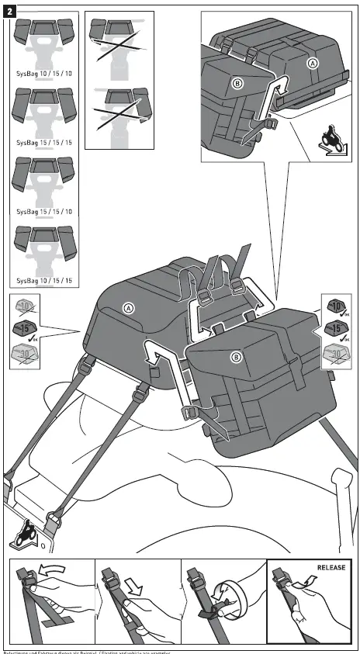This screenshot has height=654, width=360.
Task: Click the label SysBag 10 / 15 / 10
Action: (x=44, y=73)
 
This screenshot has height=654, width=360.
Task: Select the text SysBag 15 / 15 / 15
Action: (x=44, y=143)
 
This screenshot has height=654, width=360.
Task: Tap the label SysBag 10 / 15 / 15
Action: (x=44, y=280)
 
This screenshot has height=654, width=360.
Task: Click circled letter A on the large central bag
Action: (x=129, y=308)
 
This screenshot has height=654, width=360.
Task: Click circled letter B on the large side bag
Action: (x=236, y=357)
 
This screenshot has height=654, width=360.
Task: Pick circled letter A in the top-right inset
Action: (x=312, y=63)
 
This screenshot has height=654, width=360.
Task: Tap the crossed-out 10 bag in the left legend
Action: (x=26, y=308)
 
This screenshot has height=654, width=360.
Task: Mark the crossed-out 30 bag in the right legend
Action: (x=334, y=355)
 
